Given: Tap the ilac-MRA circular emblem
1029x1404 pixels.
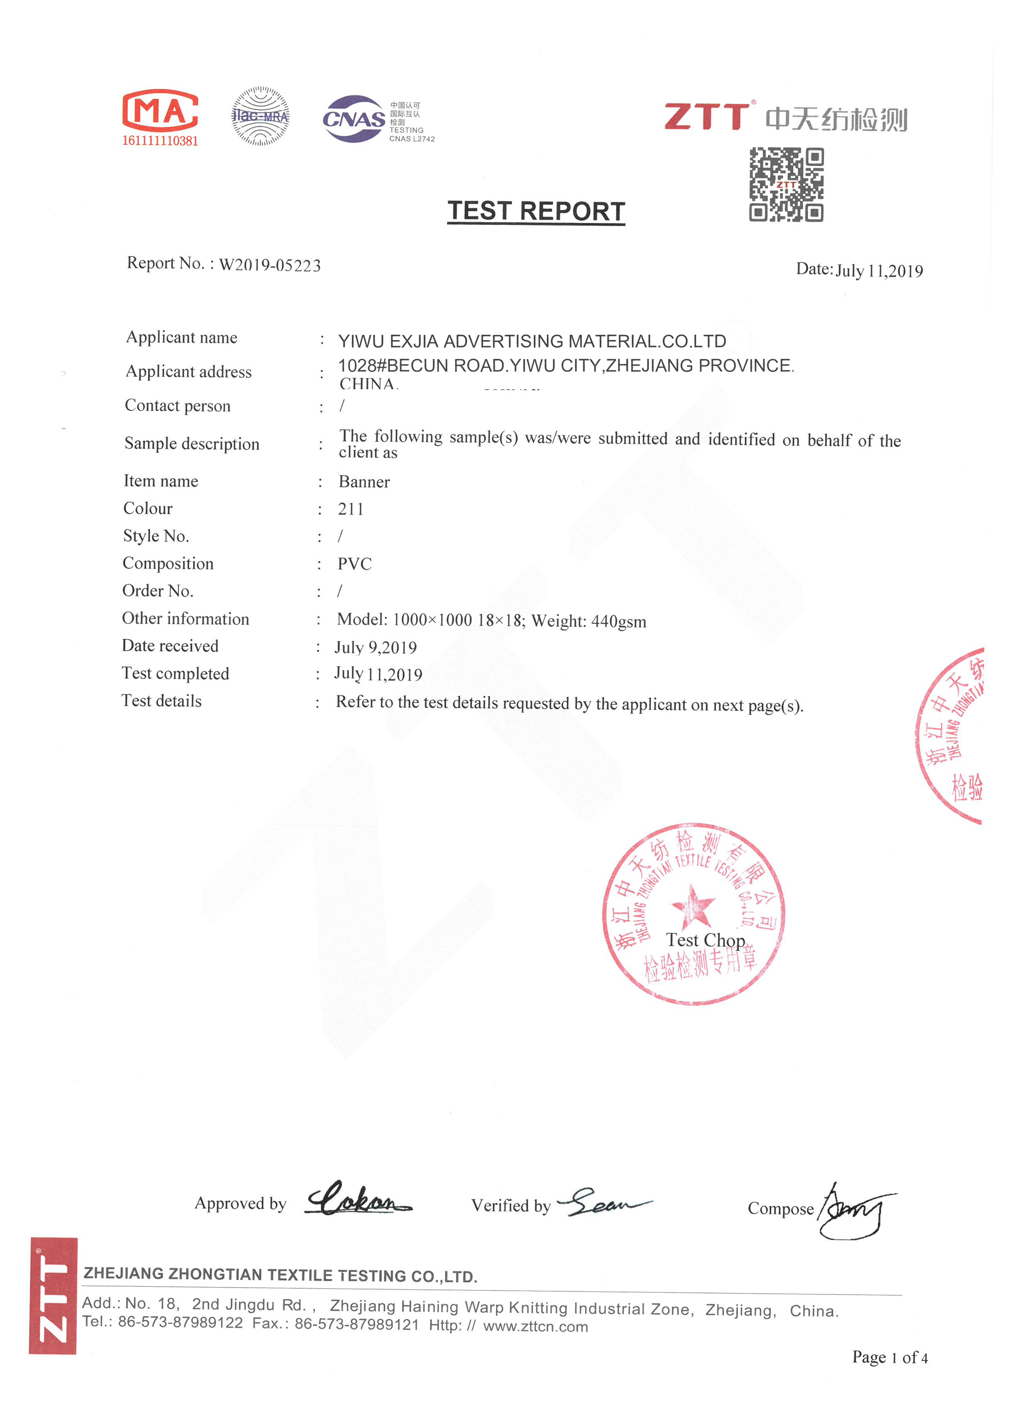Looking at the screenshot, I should point(260,117).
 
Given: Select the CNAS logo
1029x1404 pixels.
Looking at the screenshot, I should point(354,118).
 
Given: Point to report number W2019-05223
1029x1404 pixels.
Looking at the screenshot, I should point(270,265).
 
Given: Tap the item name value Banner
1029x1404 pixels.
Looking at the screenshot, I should point(364,482).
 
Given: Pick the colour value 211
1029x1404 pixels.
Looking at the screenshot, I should point(351,509).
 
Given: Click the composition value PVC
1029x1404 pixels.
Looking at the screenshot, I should point(354,564).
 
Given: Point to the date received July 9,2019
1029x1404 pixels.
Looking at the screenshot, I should point(376,647).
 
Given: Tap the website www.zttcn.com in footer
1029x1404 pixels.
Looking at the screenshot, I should point(535,1326).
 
